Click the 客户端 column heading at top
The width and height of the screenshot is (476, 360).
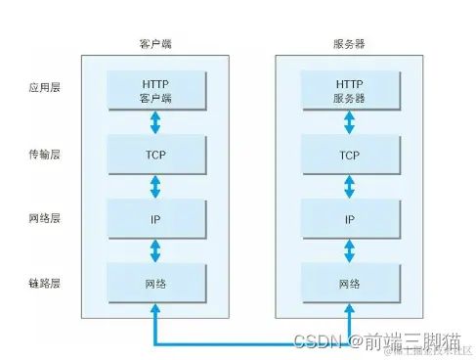154,45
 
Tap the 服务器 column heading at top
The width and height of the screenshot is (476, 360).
349,45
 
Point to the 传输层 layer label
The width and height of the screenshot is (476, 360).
45,155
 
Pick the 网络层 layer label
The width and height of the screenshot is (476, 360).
45,219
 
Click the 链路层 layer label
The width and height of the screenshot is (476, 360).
45,284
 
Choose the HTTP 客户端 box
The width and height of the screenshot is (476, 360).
155,91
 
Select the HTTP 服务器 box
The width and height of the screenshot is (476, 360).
349,91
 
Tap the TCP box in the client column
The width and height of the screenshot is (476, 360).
155,156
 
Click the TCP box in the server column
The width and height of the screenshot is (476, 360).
349,156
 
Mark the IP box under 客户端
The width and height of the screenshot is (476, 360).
155,220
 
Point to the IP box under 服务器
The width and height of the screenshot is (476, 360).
349,220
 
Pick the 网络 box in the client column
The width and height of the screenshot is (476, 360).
155,284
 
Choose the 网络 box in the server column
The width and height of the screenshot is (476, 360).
349,284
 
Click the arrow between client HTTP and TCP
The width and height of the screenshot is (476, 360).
155,123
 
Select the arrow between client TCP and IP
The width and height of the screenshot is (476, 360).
155,188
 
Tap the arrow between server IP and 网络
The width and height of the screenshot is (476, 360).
349,251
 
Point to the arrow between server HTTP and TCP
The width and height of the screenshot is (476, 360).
349,123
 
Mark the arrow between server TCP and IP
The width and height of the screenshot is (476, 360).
349,188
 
